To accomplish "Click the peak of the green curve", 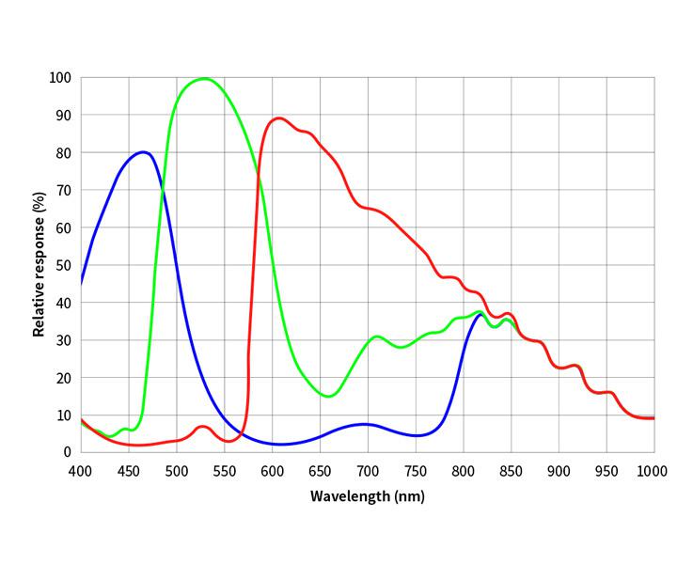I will coord(204,78).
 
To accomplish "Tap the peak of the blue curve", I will coord(143,151).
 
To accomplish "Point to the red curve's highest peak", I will coord(278,118).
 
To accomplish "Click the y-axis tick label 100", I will coord(60,77).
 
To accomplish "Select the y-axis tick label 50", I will coord(63,265).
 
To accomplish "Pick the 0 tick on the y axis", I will coord(67,452).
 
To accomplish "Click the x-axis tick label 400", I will coord(81,470).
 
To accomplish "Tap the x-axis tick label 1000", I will coord(653,470).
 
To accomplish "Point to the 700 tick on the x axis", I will coord(368,470).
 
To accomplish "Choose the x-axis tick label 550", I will coord(224,470).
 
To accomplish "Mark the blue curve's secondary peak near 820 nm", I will coord(480,314).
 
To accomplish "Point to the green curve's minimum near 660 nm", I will coord(328,396).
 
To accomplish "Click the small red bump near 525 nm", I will coord(203,427).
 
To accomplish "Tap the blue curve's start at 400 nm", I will coord(82,282).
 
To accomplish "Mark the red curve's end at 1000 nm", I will coord(653,417).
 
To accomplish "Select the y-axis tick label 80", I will coord(63,152).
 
